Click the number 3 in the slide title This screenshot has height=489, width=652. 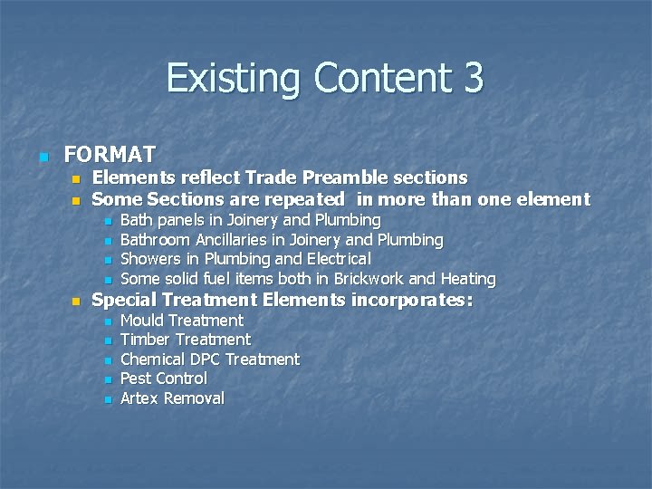(473, 77)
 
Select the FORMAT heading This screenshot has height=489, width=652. (110, 154)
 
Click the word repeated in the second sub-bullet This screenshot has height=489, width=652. (303, 199)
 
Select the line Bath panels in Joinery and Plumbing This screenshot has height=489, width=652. (250, 220)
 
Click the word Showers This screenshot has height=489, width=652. (150, 259)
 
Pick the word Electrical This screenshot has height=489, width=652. (336, 259)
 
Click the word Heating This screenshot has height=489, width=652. (467, 279)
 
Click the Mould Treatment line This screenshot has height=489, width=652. (181, 321)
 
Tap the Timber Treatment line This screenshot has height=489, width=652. (185, 340)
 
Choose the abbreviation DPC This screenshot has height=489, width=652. (205, 360)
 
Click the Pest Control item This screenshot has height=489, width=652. (163, 379)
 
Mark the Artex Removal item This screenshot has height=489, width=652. (172, 398)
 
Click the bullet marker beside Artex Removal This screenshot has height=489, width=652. (108, 399)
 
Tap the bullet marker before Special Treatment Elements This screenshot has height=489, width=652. (78, 301)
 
